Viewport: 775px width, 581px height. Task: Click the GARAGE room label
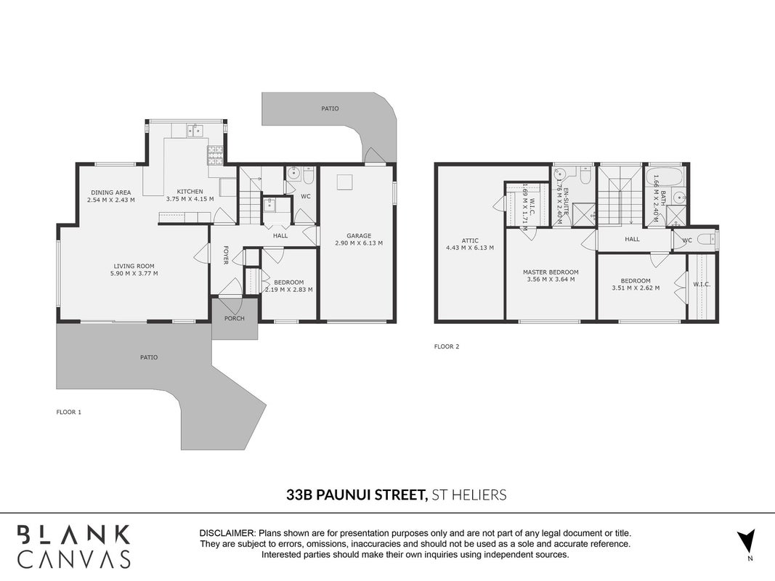coord(359,235)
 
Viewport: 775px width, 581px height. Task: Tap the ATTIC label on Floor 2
coord(469,240)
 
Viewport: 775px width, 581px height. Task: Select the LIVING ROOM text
coord(134,266)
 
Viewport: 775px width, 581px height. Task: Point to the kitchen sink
coord(195,131)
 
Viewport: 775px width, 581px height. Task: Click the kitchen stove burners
coord(215,155)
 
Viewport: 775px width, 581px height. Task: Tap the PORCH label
coord(235,318)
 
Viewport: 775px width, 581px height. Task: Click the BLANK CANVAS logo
coord(74,546)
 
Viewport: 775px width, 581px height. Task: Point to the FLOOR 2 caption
coord(447,346)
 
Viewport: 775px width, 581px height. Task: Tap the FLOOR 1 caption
coord(69,412)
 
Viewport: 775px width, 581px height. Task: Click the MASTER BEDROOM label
coord(551,272)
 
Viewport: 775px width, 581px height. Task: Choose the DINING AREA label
coord(110,192)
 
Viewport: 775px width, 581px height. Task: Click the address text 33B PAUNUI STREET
coord(357,495)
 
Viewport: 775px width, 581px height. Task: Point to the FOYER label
coord(225,255)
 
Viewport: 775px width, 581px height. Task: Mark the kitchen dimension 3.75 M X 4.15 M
coord(190,199)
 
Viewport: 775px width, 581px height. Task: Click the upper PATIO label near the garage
coord(330,108)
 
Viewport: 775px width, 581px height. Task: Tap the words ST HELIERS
coord(469,495)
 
